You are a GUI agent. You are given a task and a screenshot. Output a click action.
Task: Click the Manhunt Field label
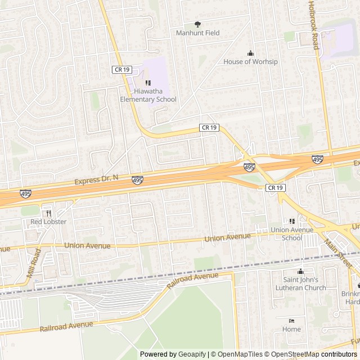click(x=197, y=33)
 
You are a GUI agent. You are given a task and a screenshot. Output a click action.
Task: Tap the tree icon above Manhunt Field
click(x=197, y=24)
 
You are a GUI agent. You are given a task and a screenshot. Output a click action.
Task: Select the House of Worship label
click(x=250, y=62)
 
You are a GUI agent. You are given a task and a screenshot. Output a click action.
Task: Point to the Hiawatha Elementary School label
click(x=148, y=96)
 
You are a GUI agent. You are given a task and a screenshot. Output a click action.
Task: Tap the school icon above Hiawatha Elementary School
click(x=148, y=83)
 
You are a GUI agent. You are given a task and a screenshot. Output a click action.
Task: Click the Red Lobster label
click(x=48, y=222)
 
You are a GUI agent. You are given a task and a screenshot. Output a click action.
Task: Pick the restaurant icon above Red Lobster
click(x=49, y=213)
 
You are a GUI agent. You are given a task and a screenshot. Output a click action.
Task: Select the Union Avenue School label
click(x=291, y=233)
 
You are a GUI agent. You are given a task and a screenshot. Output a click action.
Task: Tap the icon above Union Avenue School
click(x=291, y=221)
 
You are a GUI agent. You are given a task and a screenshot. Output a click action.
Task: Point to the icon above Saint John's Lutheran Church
click(x=300, y=271)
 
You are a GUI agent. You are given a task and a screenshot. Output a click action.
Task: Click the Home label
click(x=291, y=329)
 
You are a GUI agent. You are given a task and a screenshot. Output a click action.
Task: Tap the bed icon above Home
click(x=291, y=320)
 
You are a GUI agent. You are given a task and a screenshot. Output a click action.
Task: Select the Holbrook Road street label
click(x=313, y=25)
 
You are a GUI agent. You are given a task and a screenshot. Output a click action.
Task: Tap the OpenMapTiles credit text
click(x=239, y=354)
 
